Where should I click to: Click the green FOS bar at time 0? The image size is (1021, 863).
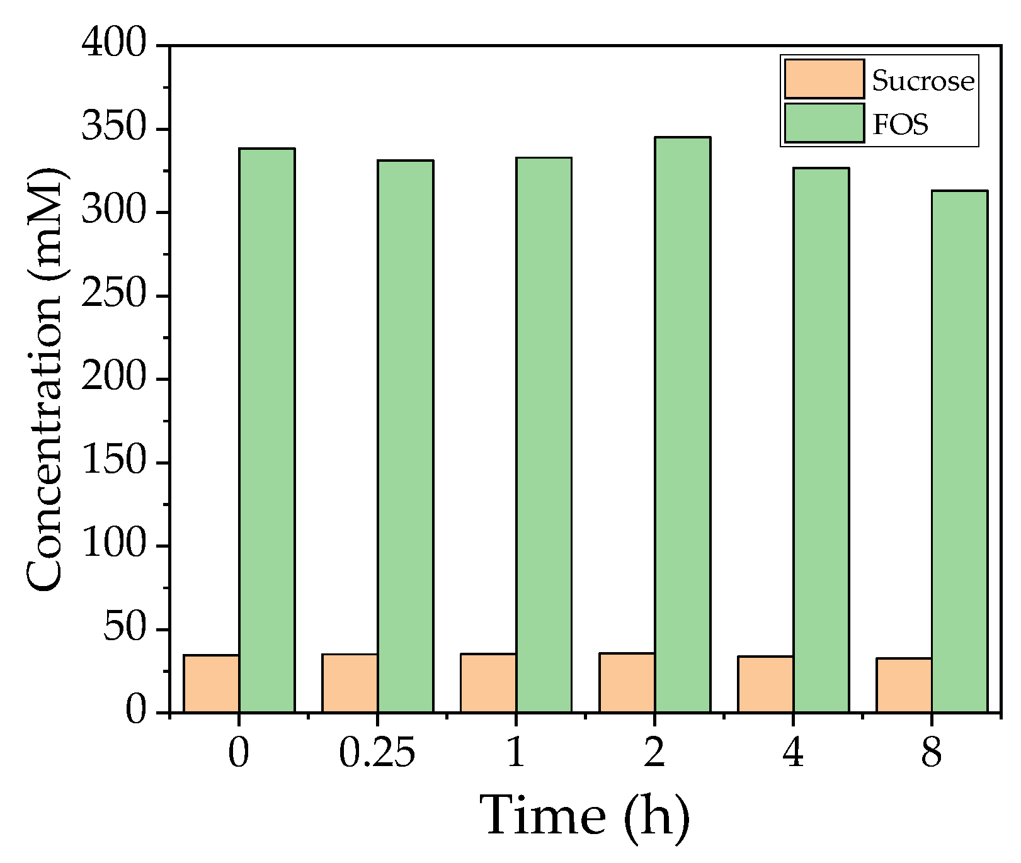tap(266, 431)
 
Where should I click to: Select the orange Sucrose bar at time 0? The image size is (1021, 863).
tap(211, 684)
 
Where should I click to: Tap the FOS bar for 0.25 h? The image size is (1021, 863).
tap(405, 437)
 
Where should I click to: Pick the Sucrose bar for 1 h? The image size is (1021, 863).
tap(488, 684)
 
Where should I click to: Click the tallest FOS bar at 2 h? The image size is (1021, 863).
tap(682, 425)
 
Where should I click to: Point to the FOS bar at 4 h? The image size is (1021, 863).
tap(821, 441)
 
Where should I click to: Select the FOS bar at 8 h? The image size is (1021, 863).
tap(959, 452)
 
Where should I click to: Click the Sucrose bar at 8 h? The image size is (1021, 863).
tap(904, 685)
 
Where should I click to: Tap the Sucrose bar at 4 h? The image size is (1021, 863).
tap(765, 685)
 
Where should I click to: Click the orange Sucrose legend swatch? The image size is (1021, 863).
tap(824, 79)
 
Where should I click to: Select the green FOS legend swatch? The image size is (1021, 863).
tap(824, 123)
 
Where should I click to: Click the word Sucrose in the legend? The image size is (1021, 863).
tap(923, 81)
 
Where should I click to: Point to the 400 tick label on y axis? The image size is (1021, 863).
tap(122, 45)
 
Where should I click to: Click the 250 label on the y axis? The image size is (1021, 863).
tap(122, 295)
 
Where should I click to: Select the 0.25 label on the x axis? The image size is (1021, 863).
tap(377, 753)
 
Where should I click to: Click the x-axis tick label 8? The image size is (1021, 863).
tap(931, 753)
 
